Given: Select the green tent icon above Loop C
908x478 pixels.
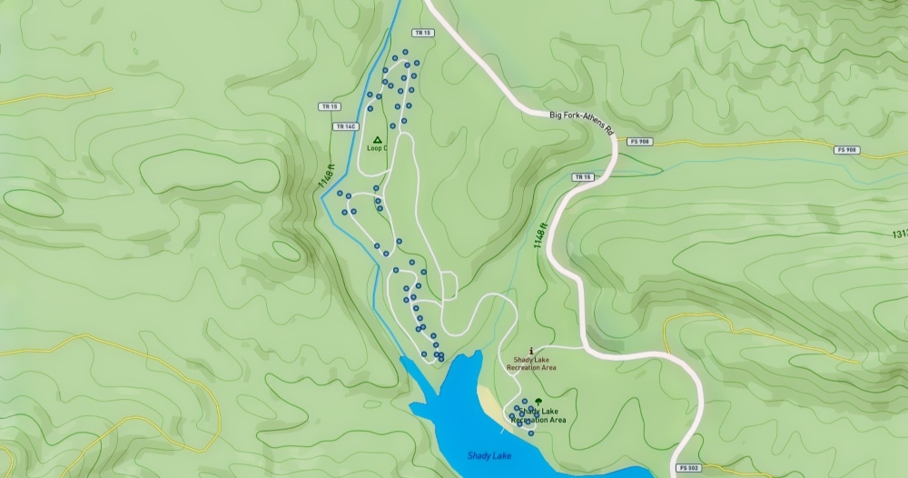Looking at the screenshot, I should point(377,140).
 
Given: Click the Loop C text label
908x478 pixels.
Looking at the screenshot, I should point(377,148).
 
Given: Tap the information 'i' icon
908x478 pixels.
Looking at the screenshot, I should point(532,350).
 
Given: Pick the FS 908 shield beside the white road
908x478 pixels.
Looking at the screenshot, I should point(639,142).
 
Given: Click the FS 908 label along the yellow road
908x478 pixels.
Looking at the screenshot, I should point(846,149).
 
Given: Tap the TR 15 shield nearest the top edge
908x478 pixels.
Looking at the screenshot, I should point(419,33).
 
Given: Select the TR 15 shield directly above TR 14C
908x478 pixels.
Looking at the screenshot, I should point(329,106).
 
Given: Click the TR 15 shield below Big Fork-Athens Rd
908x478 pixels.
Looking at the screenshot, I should point(582,176).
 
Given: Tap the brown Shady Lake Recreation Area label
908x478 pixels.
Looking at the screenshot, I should point(531,364).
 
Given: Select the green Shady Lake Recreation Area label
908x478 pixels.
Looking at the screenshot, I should point(539,416).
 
